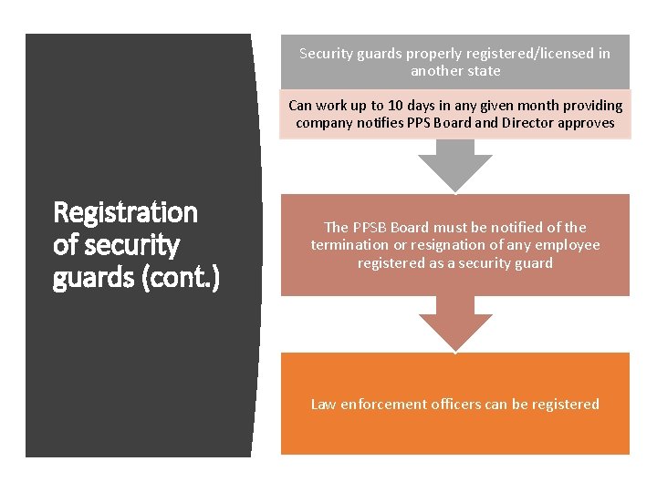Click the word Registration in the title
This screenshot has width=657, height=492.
tap(126, 212)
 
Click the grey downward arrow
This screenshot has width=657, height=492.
tap(454, 166)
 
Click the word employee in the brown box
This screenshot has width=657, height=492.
tap(568, 245)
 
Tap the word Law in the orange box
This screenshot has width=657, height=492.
tap(323, 404)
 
